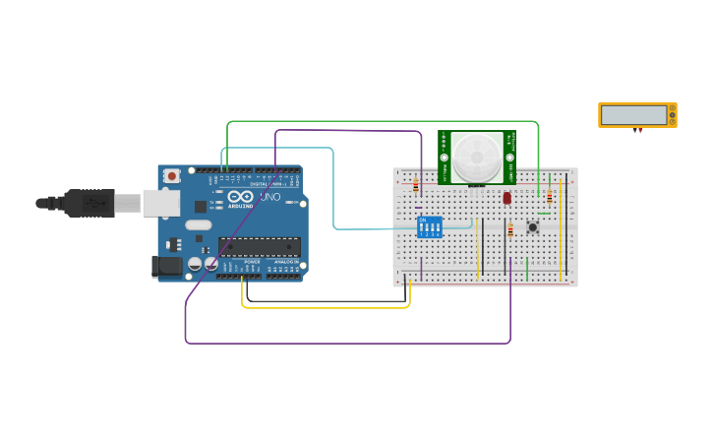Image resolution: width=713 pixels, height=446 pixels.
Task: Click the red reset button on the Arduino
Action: (172, 176)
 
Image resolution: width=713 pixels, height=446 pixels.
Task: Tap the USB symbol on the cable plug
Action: (93, 203)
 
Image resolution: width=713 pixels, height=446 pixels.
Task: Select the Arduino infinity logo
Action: (241, 196)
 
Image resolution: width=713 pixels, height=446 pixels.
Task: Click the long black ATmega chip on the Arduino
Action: (259, 246)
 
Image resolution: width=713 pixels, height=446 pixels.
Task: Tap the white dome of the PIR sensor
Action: (477, 157)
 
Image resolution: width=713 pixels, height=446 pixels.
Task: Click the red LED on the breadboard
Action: (506, 198)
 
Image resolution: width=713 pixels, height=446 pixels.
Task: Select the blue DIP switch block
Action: (430, 227)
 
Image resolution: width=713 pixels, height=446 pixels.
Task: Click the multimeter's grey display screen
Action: (634, 114)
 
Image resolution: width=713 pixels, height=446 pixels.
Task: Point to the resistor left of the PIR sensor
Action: (416, 186)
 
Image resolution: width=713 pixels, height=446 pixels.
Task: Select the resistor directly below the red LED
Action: (510, 230)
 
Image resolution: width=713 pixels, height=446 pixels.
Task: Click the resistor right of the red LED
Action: (549, 197)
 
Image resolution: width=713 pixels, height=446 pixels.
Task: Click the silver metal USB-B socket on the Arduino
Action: (160, 203)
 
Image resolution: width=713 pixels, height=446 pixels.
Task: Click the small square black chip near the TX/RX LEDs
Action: (201, 207)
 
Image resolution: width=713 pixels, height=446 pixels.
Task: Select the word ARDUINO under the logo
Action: (241, 206)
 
